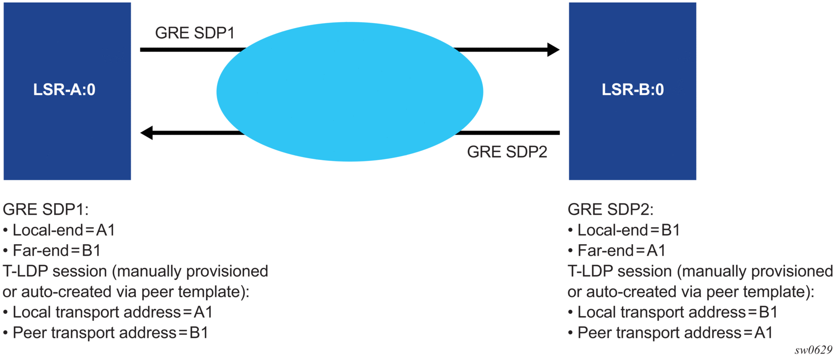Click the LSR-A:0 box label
(64, 90)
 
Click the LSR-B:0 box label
(633, 90)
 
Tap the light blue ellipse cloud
(350, 92)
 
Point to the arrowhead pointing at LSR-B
(553, 50)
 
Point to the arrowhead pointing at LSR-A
(147, 132)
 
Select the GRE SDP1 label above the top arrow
(194, 33)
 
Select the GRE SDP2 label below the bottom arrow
(507, 152)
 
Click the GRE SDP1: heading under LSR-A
(46, 209)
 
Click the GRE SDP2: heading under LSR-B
(611, 209)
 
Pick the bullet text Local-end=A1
(64, 230)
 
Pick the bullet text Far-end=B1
(57, 251)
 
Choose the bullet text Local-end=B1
(628, 230)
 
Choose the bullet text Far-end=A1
(621, 251)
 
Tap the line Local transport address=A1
(112, 312)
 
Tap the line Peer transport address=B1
(110, 333)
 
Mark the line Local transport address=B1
(677, 312)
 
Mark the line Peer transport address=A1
(675, 333)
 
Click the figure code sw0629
(813, 350)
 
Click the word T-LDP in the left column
(25, 271)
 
